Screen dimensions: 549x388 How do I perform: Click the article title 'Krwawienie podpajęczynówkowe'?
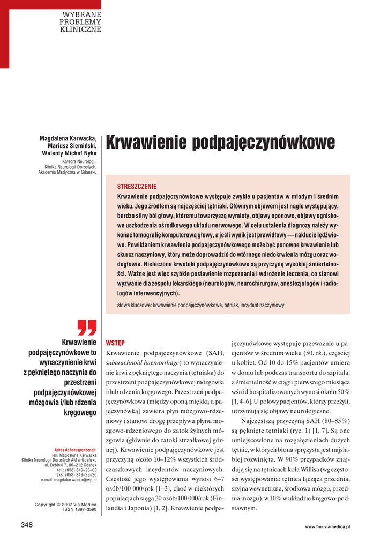tap(220, 143)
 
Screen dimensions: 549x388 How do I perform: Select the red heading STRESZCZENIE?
tap(137, 186)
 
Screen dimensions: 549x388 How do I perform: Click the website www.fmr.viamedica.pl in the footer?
tap(327, 527)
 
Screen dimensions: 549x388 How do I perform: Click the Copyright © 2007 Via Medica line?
tap(65, 505)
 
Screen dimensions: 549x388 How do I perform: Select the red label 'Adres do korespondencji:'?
tap(76, 450)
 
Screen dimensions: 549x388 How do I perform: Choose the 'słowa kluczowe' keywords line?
tap(200, 305)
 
